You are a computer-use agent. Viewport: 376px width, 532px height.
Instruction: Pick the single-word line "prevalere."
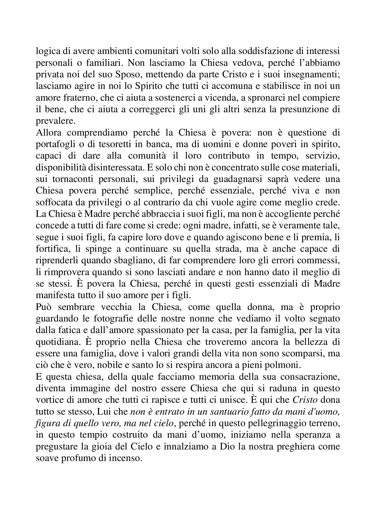click(x=55, y=121)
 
